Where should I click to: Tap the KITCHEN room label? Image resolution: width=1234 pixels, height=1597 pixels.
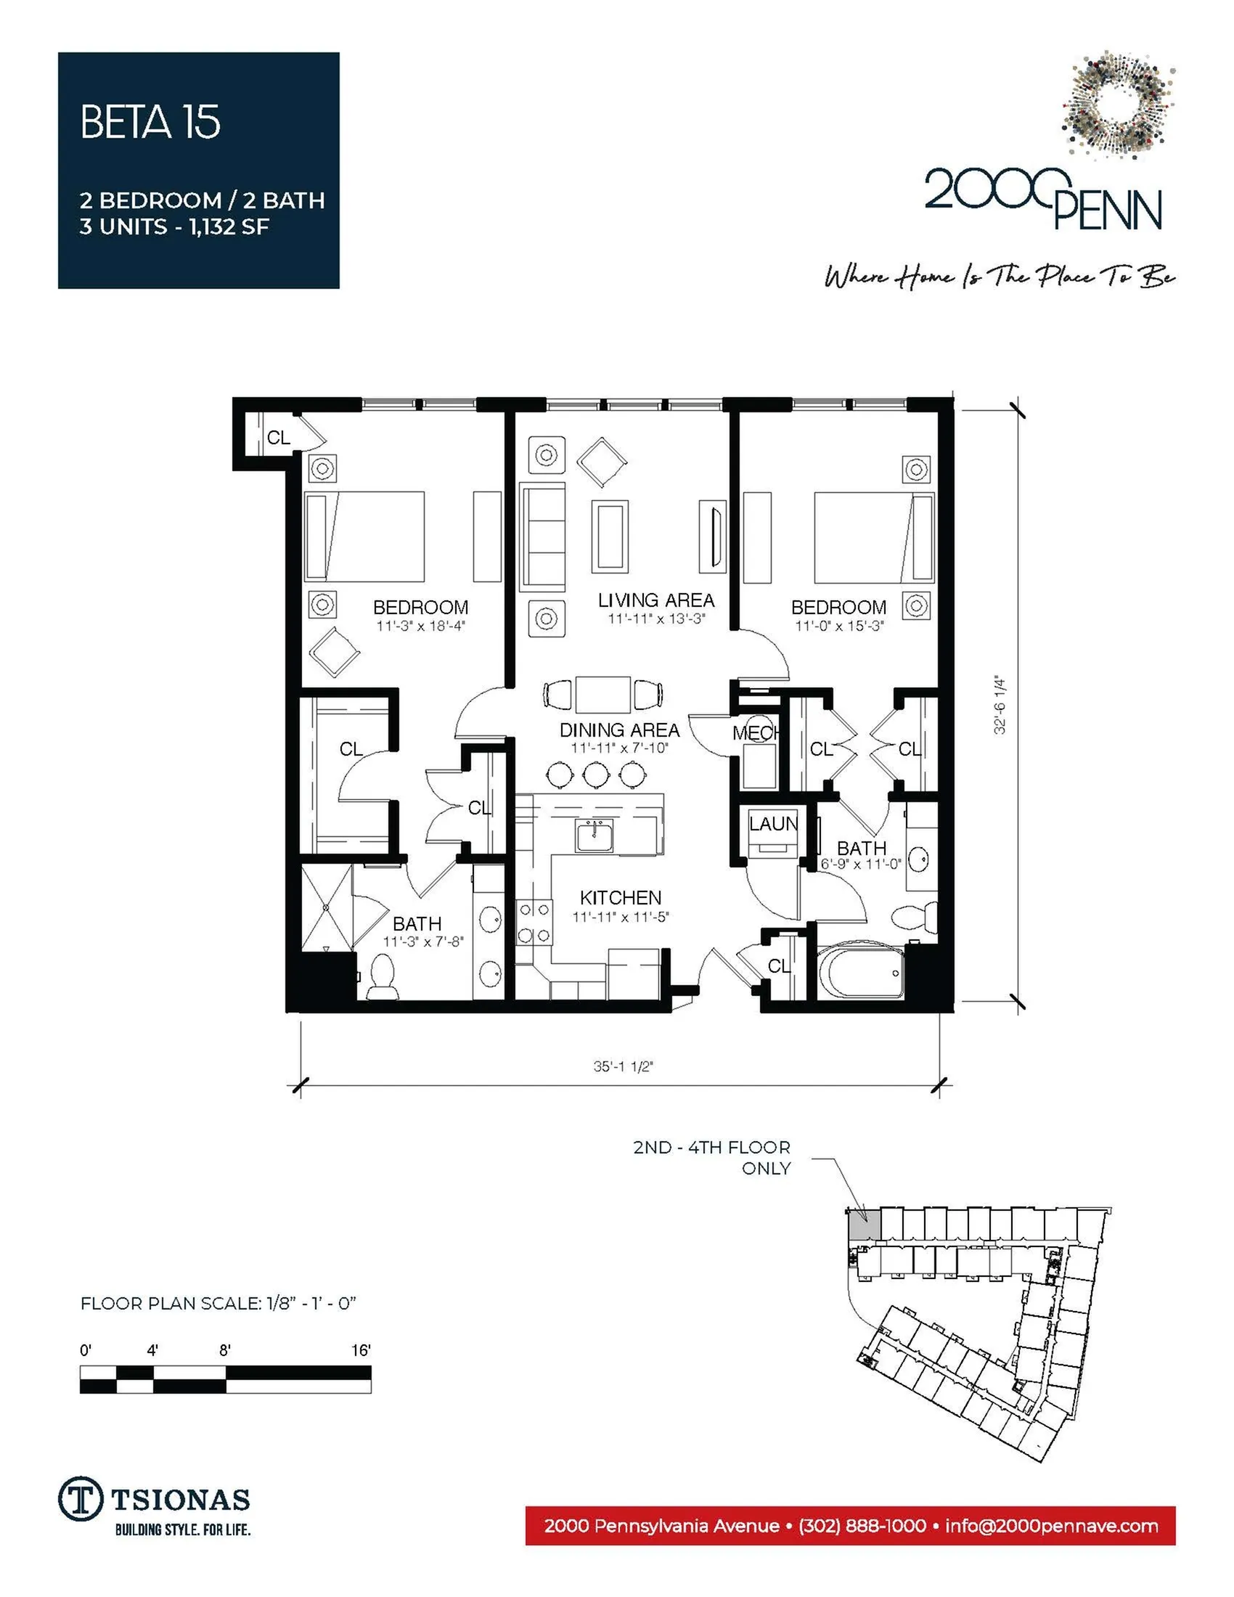click(x=621, y=897)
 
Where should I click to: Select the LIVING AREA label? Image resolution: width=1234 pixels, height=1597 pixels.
click(x=655, y=600)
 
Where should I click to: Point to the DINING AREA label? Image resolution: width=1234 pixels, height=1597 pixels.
click(x=619, y=730)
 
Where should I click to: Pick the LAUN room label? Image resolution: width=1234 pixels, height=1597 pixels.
click(x=774, y=824)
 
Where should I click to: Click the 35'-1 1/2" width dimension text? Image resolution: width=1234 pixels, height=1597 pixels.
click(x=623, y=1066)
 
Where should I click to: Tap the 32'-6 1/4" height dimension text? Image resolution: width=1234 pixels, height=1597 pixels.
click(x=1000, y=706)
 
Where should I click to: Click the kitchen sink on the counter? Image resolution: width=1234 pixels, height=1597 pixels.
click(x=594, y=835)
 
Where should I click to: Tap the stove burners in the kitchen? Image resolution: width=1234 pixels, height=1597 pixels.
click(x=534, y=922)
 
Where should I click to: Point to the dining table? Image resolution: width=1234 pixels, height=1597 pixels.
click(x=603, y=694)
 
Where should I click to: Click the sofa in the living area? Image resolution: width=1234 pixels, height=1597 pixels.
click(x=542, y=536)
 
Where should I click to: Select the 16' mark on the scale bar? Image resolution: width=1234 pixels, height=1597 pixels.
click(x=361, y=1351)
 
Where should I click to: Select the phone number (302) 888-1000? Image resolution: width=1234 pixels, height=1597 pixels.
click(x=862, y=1526)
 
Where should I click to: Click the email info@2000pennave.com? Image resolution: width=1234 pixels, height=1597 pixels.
click(x=1051, y=1526)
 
